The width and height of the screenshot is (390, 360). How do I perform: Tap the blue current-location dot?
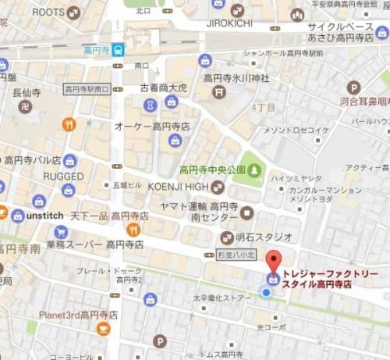pos(266,294)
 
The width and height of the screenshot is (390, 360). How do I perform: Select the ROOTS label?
pos(48,12)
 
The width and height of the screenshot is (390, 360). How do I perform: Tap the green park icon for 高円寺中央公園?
pos(255,169)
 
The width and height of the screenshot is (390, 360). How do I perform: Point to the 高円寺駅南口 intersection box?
pos(87,89)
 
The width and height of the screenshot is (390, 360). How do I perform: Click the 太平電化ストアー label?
pos(222,298)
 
